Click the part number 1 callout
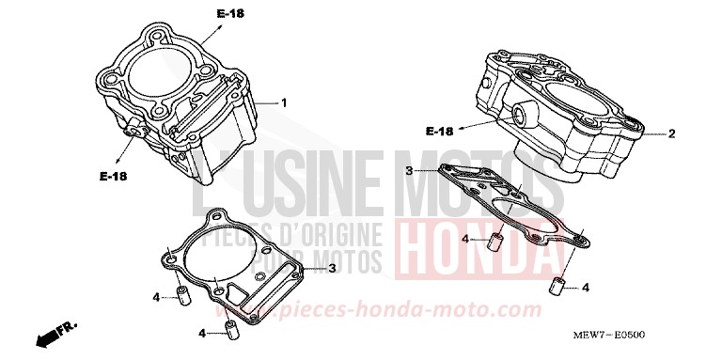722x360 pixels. pos(284,102)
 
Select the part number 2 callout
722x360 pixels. pos(672,133)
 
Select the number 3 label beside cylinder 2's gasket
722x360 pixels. pos(408,170)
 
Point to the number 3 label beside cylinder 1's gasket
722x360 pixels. pos(333,269)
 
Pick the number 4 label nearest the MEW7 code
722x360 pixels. pos(586,287)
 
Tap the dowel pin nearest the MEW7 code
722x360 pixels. pos(556,284)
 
